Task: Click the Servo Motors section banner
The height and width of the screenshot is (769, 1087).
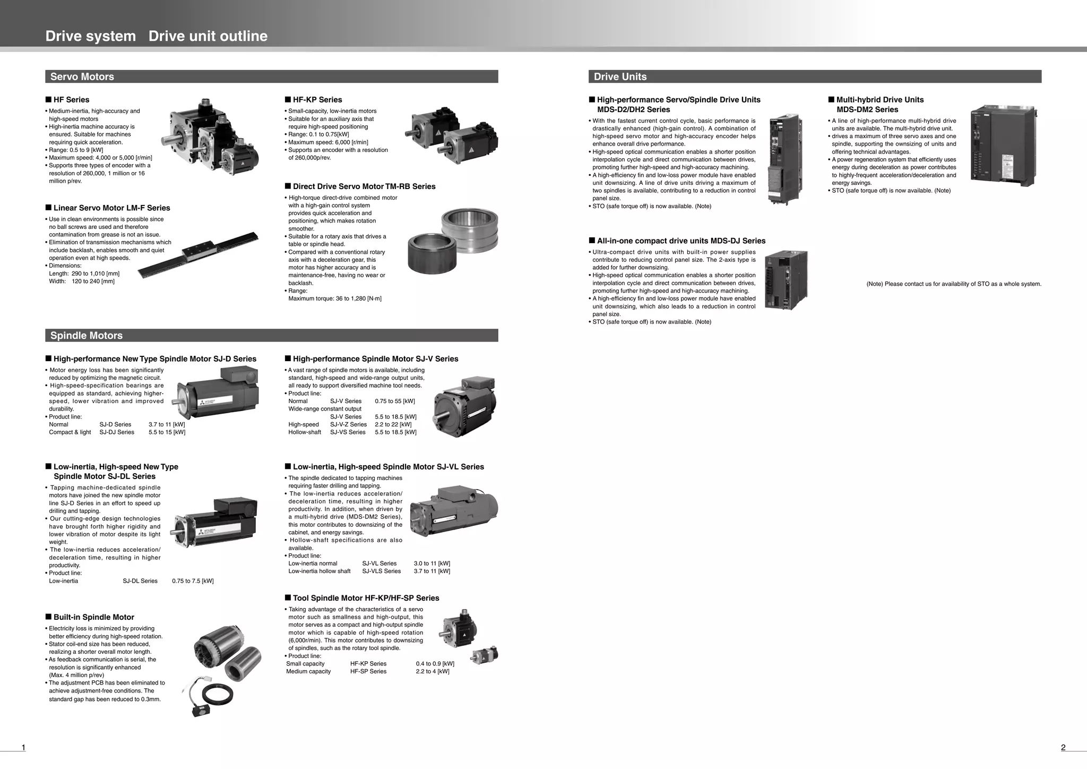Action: (x=271, y=76)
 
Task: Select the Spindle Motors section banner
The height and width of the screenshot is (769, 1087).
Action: (x=271, y=336)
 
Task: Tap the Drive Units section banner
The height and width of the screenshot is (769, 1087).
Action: (x=815, y=76)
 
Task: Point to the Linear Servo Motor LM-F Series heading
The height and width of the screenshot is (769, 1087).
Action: (x=111, y=208)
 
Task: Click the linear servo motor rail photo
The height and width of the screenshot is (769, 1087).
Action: (x=199, y=255)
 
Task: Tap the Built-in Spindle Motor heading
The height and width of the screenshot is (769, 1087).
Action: (x=93, y=617)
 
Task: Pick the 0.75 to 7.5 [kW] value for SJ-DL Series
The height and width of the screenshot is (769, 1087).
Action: (x=193, y=581)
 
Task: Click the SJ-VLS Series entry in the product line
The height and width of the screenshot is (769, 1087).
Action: (x=381, y=571)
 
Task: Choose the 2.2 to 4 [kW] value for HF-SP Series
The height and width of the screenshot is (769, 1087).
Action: (x=432, y=671)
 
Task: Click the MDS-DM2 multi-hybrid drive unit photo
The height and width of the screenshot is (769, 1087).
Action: (x=1002, y=144)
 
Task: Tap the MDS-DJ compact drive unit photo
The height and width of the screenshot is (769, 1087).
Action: (x=786, y=280)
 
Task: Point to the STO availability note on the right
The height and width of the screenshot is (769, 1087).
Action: (x=953, y=284)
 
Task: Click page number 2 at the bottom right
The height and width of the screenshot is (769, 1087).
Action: (x=1063, y=748)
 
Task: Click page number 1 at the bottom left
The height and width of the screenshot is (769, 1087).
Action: (x=23, y=748)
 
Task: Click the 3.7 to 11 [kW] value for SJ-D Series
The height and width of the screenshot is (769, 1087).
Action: (x=167, y=424)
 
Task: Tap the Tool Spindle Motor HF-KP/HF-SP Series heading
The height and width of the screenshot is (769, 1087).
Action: (x=366, y=598)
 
